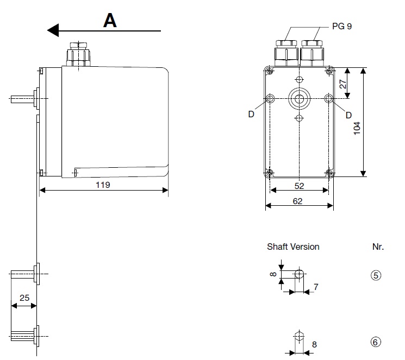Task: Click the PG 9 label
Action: (x=342, y=26)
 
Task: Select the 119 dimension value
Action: (x=103, y=185)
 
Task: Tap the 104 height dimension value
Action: (x=357, y=128)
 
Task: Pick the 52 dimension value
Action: (x=298, y=185)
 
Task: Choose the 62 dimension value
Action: (x=297, y=201)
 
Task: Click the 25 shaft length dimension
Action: (x=24, y=298)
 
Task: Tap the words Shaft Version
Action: (x=293, y=247)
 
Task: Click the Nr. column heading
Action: (x=378, y=247)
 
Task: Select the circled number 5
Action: (x=375, y=275)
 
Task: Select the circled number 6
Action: (x=375, y=342)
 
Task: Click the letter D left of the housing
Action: (x=251, y=115)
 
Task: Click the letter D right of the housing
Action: (x=348, y=115)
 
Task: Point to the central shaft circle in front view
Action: (x=298, y=99)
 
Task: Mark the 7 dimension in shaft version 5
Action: (x=315, y=286)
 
